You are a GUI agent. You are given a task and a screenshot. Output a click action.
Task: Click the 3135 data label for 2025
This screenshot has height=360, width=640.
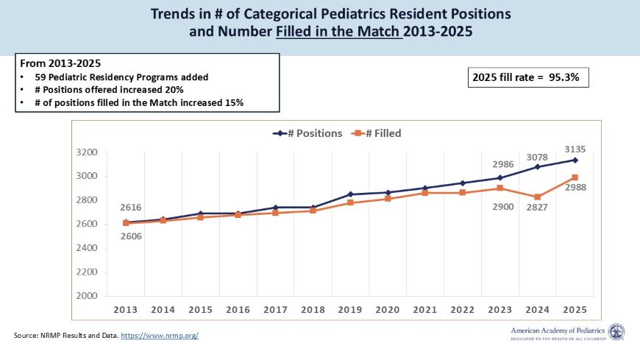click(575, 149)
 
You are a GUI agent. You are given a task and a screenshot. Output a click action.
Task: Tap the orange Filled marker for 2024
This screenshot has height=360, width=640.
click(538, 197)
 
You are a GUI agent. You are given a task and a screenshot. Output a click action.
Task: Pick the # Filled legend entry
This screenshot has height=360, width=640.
click(376, 133)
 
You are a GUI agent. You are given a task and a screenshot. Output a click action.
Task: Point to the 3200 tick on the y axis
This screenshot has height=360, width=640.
click(88, 152)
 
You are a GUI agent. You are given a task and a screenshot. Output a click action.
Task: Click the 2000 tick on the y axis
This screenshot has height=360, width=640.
click(88, 296)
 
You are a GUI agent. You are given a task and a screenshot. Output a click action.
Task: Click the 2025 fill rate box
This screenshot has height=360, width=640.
click(528, 77)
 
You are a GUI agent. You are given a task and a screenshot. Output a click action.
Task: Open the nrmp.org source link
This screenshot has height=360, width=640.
click(160, 336)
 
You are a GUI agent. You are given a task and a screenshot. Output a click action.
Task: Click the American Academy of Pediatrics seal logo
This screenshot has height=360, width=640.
click(616, 333)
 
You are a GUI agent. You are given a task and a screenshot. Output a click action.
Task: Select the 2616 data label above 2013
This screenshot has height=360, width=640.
click(127, 208)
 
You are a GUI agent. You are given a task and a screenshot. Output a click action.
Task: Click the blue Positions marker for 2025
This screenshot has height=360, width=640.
click(575, 160)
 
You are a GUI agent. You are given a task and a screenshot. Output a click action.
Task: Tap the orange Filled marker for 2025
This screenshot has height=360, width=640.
click(575, 177)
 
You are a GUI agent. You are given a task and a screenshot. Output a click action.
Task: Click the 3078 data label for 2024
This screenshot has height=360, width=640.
click(537, 156)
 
